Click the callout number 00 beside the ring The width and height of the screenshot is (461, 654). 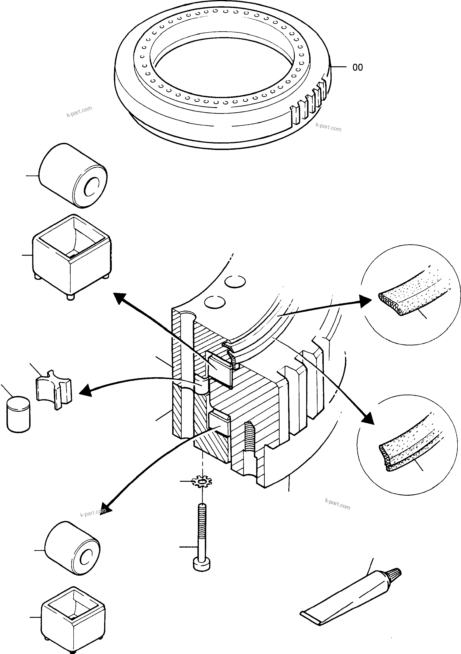358,67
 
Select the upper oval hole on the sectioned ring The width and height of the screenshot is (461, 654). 235,282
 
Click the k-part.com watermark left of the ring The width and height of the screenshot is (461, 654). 79,112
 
